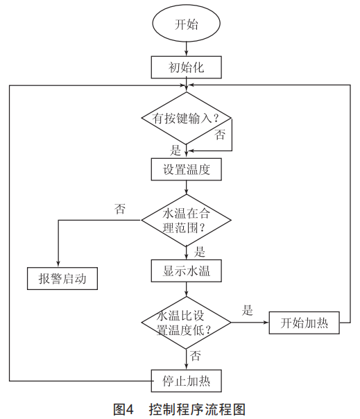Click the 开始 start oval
click(x=187, y=24)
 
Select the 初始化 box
click(x=187, y=67)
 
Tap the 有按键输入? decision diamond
click(x=187, y=118)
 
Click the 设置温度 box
click(x=187, y=169)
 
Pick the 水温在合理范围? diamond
click(x=187, y=220)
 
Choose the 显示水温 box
click(x=187, y=271)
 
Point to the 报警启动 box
click(x=62, y=278)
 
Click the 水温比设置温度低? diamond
click(x=187, y=323)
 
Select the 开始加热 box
click(x=304, y=323)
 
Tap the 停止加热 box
click(x=187, y=381)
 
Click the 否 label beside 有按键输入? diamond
click(x=220, y=135)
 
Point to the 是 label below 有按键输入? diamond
click(x=175, y=150)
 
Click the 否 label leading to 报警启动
click(x=120, y=209)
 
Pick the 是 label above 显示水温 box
click(x=200, y=252)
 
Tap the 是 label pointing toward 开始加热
click(x=248, y=310)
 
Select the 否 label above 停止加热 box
click(x=196, y=356)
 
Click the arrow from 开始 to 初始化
click(x=187, y=49)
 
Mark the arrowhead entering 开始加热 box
click(x=266, y=323)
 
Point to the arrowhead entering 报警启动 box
click(x=58, y=264)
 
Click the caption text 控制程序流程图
click(x=197, y=409)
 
